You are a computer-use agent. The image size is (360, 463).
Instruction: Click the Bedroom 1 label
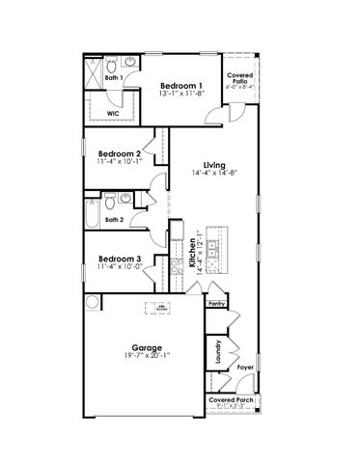[180, 86]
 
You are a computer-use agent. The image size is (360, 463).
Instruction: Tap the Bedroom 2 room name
[120, 153]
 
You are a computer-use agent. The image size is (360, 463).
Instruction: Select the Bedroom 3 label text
[120, 259]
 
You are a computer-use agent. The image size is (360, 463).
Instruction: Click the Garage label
[148, 346]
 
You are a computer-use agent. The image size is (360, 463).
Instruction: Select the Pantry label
[216, 302]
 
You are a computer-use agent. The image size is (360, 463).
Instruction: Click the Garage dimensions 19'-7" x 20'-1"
[148, 356]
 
